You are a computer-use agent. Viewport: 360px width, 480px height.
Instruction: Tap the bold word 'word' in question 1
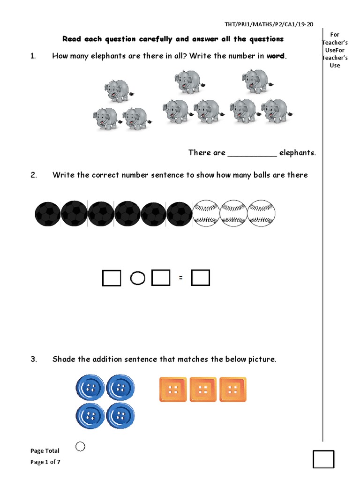(276, 56)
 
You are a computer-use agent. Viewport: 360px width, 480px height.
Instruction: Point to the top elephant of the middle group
(189, 81)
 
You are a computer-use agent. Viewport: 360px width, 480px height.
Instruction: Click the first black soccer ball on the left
(47, 214)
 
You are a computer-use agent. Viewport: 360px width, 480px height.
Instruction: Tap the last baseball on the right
(261, 214)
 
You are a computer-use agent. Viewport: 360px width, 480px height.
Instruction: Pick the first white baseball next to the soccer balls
(206, 214)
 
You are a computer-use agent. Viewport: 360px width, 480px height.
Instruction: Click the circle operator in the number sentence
(136, 279)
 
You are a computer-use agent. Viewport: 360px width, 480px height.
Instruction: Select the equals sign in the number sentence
(180, 279)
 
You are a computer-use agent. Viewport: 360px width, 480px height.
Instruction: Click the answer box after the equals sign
(201, 278)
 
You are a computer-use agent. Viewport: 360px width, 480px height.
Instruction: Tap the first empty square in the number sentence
(112, 278)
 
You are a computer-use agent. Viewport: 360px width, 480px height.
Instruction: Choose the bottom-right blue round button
(120, 416)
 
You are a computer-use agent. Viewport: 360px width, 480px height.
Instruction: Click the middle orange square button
(203, 389)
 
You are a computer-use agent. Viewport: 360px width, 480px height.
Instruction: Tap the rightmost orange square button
(233, 389)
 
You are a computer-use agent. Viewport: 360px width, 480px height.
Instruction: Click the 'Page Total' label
(45, 451)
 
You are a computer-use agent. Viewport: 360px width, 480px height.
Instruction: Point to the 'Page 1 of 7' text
(45, 462)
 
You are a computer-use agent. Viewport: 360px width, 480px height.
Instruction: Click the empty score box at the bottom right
(323, 459)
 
